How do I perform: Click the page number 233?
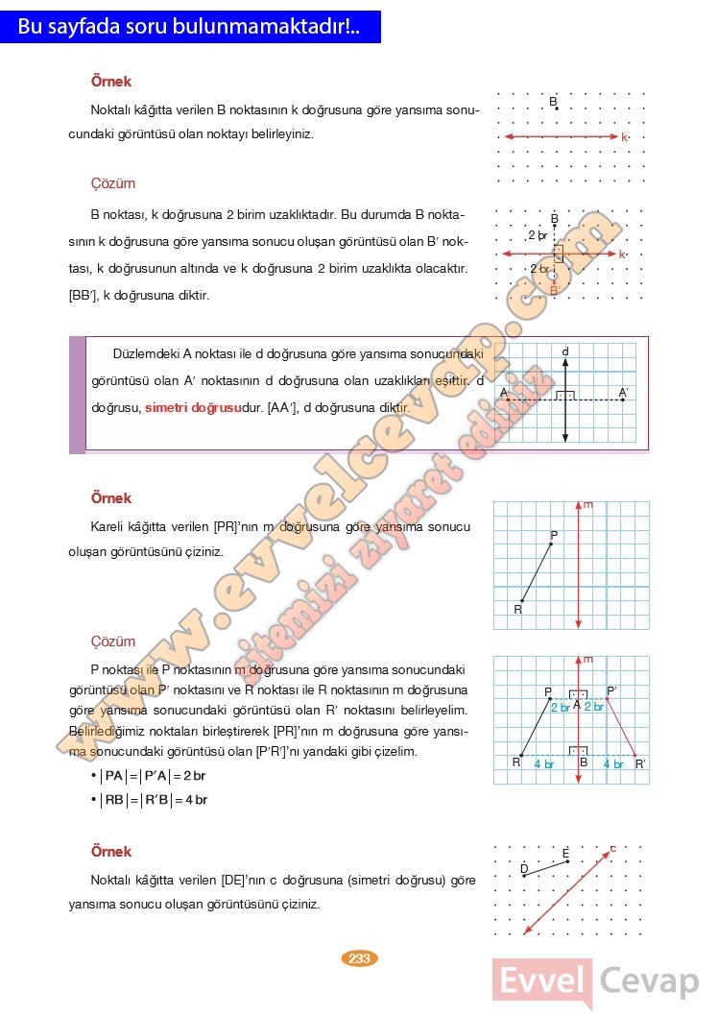click(360, 958)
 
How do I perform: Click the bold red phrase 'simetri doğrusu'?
click(192, 408)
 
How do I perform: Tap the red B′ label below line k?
click(554, 288)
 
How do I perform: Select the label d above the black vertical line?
click(565, 352)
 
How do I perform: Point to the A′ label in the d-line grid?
click(623, 392)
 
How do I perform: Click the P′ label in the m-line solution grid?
click(612, 689)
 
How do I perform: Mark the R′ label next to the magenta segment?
click(640, 764)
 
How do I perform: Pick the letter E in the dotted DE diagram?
click(566, 853)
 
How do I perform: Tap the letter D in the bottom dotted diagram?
click(523, 868)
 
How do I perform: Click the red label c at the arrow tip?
click(613, 848)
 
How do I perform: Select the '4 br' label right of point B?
click(613, 764)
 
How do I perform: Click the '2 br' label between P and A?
click(560, 707)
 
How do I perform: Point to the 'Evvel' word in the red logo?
click(542, 981)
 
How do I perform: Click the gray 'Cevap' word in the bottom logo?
click(650, 981)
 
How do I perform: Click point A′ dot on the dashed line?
click(623, 399)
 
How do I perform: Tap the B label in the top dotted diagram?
click(554, 101)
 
